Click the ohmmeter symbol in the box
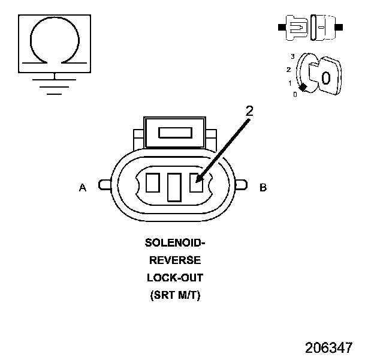click(x=55, y=40)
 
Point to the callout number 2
click(x=250, y=110)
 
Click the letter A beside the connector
click(x=83, y=188)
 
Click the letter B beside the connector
click(x=263, y=188)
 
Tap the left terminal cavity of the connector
click(x=152, y=182)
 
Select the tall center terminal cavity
click(x=174, y=187)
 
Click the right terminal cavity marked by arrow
click(x=195, y=182)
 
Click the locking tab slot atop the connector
click(x=174, y=133)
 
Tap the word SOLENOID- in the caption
click(x=174, y=243)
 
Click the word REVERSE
click(x=174, y=260)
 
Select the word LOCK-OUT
click(x=174, y=278)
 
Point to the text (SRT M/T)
click(x=174, y=295)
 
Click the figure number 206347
click(x=328, y=347)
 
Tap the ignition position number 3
click(x=292, y=56)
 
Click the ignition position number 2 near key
click(x=288, y=70)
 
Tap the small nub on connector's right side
click(x=242, y=185)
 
